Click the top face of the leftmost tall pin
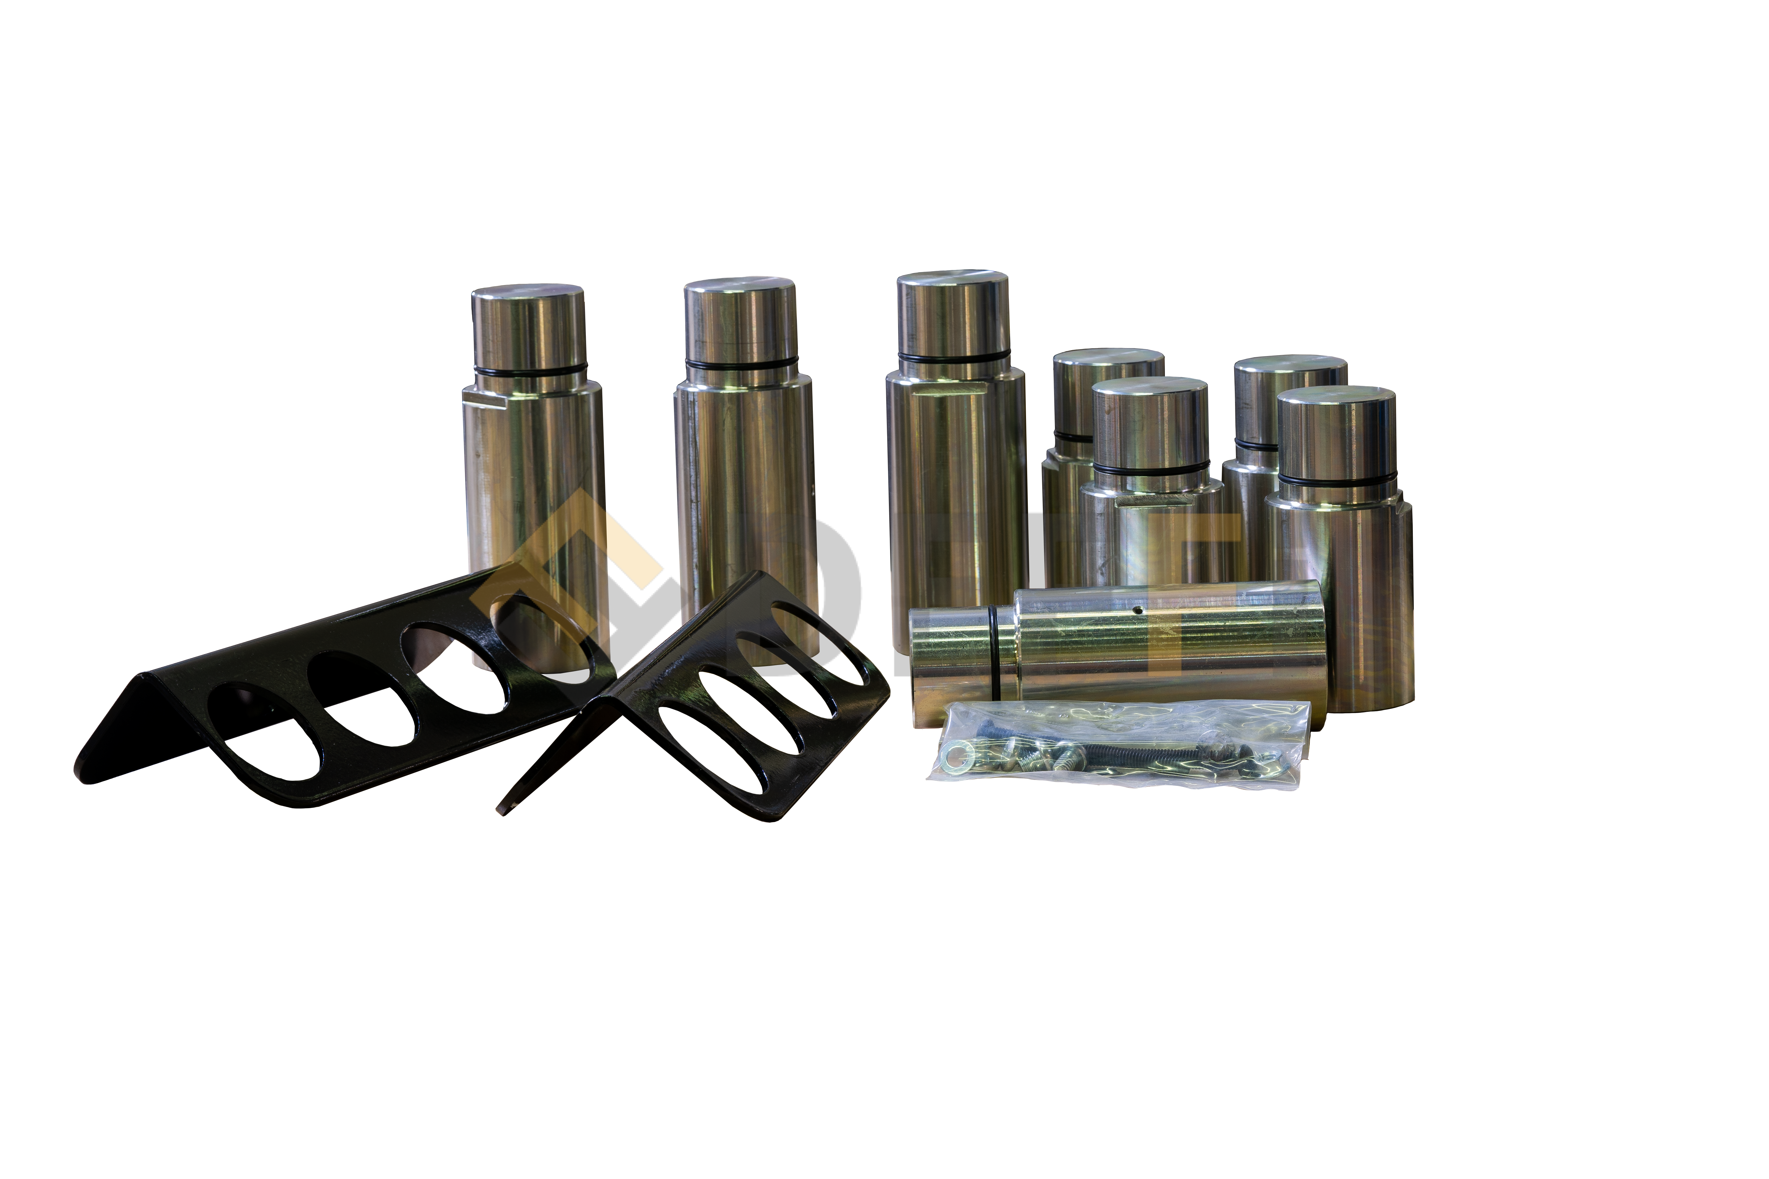coord(528,295)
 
